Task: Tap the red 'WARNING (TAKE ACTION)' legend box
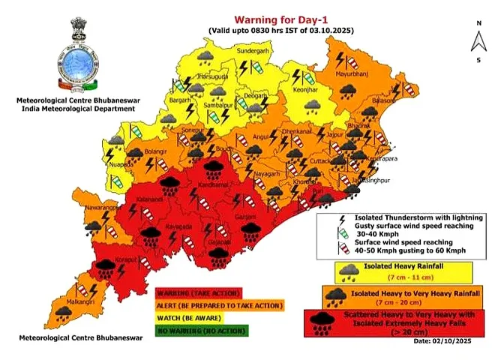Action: coord(198,292)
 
